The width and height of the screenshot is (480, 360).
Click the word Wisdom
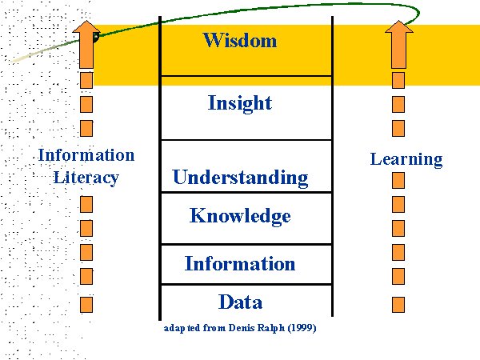(240, 40)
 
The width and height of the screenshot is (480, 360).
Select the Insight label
(240, 103)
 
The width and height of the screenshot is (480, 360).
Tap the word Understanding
(240, 177)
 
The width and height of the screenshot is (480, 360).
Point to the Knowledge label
(240, 216)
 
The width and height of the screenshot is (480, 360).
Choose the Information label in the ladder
(240, 263)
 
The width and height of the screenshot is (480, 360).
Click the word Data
(240, 302)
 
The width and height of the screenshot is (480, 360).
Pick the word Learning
(406, 159)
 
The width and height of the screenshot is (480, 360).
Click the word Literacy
(86, 177)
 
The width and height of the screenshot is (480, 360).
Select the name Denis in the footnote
(231, 329)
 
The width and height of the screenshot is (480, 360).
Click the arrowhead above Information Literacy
(86, 32)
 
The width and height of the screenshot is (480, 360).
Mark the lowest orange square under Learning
(398, 304)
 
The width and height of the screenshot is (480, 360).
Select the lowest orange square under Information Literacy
(86, 304)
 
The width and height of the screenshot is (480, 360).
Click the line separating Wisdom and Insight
(246, 77)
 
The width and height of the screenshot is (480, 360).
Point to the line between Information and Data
(246, 284)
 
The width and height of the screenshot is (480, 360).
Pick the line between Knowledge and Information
(246, 244)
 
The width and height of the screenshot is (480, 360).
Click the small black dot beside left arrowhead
(96, 36)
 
